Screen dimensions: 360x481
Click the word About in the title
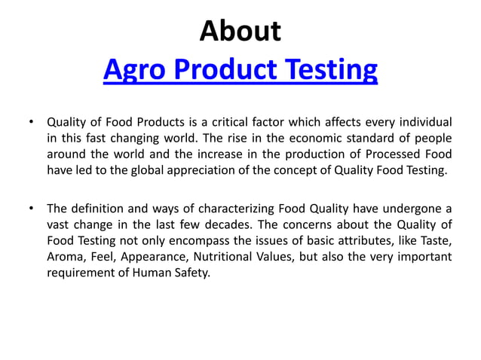pyautogui.click(x=240, y=32)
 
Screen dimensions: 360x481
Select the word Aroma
pyautogui.click(x=65, y=257)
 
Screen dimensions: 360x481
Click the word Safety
pyautogui.click(x=191, y=273)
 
